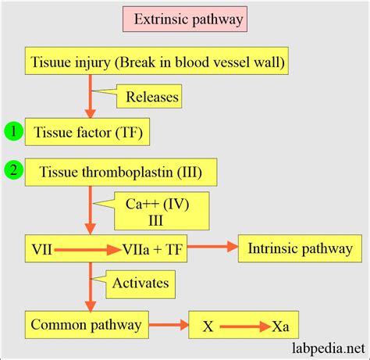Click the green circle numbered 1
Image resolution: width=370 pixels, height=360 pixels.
click(13, 131)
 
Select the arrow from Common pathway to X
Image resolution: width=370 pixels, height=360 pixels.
click(165, 323)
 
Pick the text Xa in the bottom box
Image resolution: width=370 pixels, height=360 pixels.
click(280, 323)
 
